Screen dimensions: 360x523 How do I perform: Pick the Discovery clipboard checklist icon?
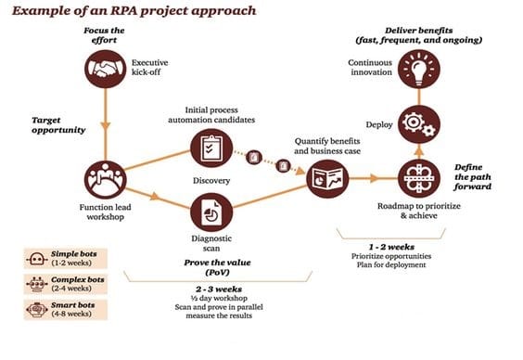tap(209, 147)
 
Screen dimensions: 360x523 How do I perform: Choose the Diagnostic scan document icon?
tap(209, 212)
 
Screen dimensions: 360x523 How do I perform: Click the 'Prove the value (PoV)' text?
tap(214, 266)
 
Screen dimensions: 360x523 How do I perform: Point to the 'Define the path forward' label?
tap(479, 174)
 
